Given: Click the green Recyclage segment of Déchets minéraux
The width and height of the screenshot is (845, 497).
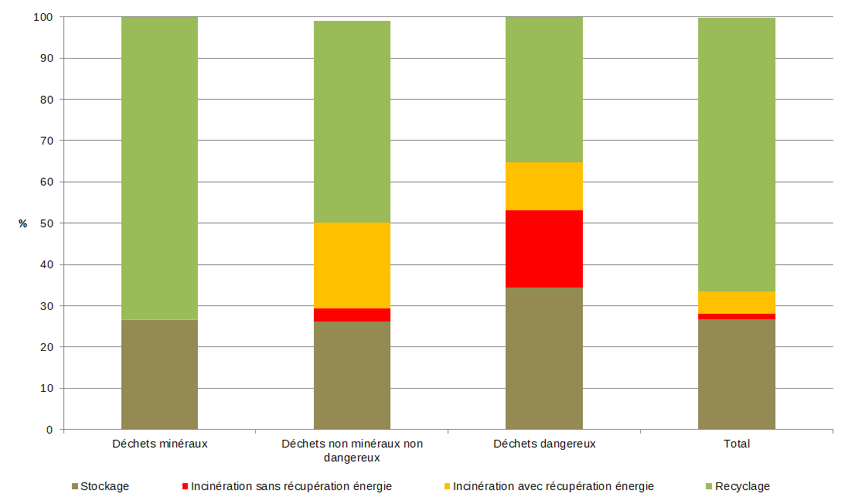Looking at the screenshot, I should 159,168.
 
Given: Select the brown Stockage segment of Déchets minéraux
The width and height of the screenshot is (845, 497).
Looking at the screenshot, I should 159,374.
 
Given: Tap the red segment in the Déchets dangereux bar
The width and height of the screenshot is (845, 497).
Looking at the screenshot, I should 543,249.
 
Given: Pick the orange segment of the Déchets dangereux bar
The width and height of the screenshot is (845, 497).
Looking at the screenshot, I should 543,186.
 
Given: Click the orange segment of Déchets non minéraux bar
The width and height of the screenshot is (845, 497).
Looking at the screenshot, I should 352,265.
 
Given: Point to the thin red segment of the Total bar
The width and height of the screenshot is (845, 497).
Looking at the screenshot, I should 736,316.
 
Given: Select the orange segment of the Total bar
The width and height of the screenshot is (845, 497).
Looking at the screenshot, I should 736,302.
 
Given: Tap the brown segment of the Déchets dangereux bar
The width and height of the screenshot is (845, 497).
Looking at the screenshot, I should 543,358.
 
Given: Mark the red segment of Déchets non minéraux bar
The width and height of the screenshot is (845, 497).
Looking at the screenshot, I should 352,315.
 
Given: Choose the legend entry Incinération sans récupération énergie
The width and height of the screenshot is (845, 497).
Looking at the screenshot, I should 291,486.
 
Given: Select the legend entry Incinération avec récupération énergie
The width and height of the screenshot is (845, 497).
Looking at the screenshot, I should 553,486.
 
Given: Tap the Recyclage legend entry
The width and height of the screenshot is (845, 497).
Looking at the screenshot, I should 742,486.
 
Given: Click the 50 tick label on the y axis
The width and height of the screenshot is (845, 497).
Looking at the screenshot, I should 46,223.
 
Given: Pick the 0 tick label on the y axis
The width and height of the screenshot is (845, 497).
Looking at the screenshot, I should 49,430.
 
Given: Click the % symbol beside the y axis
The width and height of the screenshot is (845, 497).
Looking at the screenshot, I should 22,223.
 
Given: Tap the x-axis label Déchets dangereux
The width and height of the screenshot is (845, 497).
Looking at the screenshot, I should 544,444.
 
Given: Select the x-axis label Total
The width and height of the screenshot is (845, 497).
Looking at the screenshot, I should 737,444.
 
